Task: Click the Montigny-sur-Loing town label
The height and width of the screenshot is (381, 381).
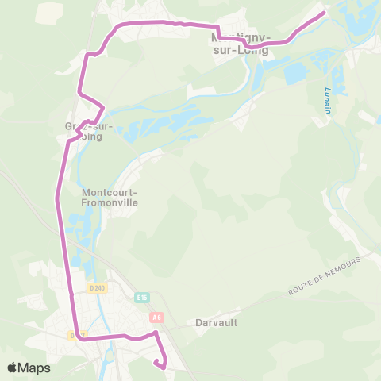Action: pos(241,44)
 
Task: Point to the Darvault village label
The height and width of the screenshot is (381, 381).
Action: pos(211,323)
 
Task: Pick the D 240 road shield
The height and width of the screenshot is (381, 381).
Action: pos(98,287)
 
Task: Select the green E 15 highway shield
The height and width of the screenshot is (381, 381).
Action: pos(142,298)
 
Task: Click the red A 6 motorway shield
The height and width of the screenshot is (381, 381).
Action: pos(156,317)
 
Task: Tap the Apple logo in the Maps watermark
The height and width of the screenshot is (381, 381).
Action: pos(13,368)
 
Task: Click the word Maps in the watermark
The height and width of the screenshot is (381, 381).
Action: pos(34,368)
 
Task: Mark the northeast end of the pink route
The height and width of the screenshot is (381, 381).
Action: pos(324,13)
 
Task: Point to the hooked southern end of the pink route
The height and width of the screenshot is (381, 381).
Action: pos(161,366)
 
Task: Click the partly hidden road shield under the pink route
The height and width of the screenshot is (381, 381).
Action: pos(73,335)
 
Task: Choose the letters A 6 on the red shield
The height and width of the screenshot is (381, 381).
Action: pos(156,317)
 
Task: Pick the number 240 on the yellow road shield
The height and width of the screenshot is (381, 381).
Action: pos(100,287)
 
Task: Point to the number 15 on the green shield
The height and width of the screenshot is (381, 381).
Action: pos(144,298)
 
